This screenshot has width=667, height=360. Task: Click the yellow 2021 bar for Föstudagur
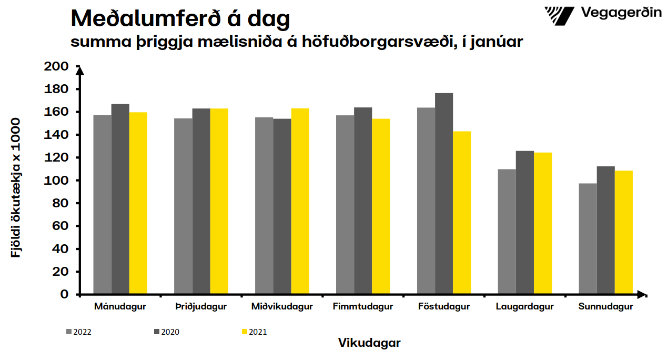[x=462, y=213]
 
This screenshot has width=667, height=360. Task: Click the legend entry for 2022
[x=78, y=332]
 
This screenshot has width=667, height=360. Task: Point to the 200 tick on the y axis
[x=57, y=66]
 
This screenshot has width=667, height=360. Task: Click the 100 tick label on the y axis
[x=57, y=181]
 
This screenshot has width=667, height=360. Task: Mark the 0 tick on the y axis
[x=64, y=294]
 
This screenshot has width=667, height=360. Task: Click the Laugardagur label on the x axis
[x=524, y=307]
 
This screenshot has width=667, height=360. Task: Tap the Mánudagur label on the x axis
[x=120, y=307]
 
